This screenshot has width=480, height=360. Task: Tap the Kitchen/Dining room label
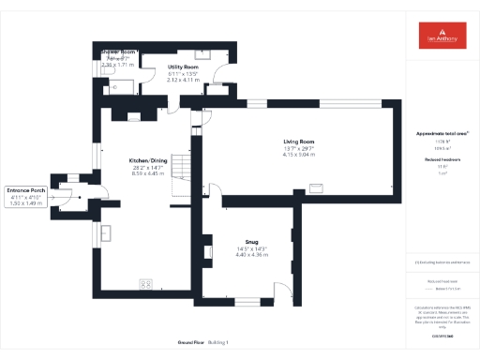click(x=148, y=161)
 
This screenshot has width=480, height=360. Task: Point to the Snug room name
click(x=251, y=241)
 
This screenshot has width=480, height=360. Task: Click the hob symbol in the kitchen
click(x=146, y=282)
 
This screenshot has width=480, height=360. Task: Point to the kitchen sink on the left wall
click(x=106, y=233)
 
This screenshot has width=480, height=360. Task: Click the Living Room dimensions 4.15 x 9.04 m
click(x=299, y=155)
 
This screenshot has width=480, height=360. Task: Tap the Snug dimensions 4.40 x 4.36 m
click(x=251, y=254)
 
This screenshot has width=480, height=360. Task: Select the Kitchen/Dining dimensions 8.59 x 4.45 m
click(x=148, y=173)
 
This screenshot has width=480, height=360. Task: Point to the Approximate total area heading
click(x=441, y=134)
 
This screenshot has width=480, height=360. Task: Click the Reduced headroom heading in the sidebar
click(x=441, y=159)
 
